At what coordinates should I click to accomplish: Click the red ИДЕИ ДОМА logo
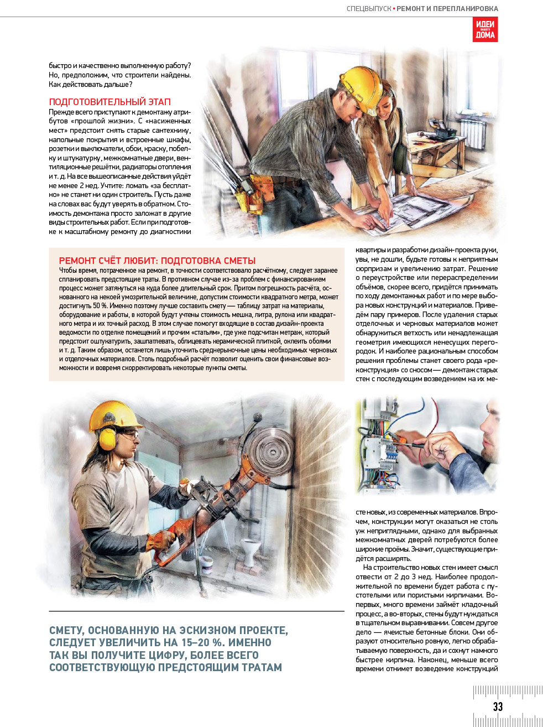485,29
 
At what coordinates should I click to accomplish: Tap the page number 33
498,707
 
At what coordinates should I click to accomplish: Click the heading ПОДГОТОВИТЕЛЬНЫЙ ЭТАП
109,102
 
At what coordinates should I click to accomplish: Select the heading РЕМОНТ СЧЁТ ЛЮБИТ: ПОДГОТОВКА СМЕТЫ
157,261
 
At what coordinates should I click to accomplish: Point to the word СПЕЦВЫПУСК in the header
368,9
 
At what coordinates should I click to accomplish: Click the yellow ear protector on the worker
107,439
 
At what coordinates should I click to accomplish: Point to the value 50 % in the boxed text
100,306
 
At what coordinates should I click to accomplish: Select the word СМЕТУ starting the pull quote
66,631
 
